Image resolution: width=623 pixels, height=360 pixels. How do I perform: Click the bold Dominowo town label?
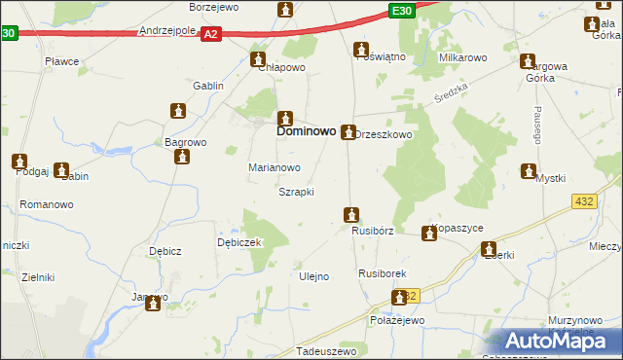tap(307, 129)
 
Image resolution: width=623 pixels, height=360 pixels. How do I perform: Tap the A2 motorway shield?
tap(212, 34)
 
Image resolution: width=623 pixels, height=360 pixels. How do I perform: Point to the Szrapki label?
tap(296, 192)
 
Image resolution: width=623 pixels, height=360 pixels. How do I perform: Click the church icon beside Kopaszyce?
tap(428, 233)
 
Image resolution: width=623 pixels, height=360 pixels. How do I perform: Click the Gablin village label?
tap(208, 86)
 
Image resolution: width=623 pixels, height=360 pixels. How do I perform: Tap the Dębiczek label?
tap(239, 243)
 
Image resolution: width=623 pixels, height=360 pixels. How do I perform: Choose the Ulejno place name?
tap(312, 276)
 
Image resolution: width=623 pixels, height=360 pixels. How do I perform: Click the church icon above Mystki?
tap(530, 172)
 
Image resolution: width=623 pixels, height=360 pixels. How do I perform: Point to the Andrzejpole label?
tap(167, 31)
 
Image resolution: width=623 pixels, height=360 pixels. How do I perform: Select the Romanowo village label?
tap(48, 205)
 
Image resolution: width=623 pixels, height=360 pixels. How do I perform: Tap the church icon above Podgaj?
tap(19, 161)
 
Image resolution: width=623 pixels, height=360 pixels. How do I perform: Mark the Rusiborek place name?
tap(382, 274)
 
